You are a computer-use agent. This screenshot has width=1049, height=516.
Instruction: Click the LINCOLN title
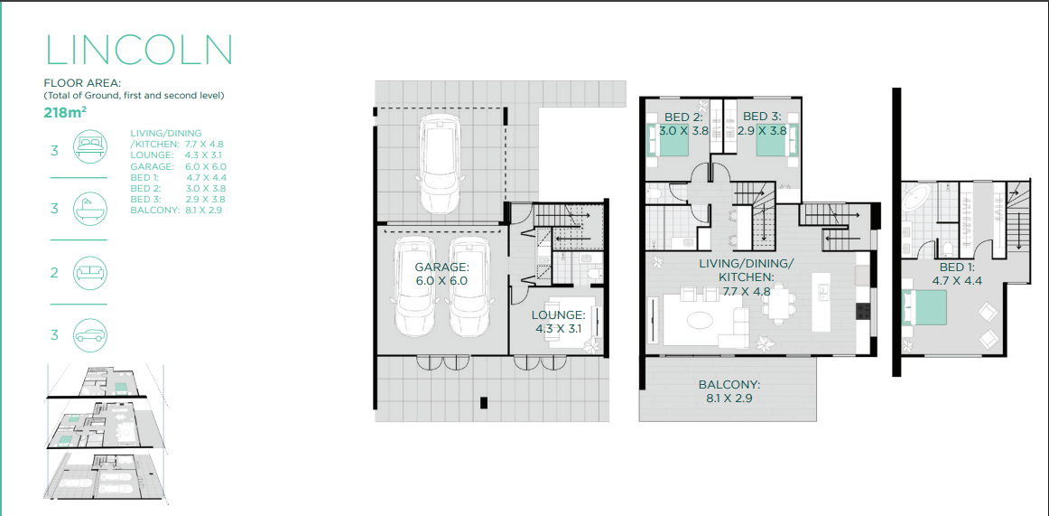click(138, 50)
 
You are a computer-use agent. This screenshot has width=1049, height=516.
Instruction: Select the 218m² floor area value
click(64, 112)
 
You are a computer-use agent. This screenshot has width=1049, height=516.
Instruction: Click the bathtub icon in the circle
click(89, 208)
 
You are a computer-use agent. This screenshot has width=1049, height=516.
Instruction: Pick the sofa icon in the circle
click(89, 272)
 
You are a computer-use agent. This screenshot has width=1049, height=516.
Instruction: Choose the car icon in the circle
click(89, 335)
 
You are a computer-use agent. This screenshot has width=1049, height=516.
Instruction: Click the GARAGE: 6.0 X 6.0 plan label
click(441, 275)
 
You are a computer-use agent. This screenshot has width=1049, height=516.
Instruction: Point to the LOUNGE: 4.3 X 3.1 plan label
click(559, 322)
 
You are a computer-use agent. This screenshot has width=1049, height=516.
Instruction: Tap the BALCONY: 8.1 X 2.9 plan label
click(728, 391)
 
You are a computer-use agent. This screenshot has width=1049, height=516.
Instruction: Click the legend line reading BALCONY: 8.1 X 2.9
click(176, 211)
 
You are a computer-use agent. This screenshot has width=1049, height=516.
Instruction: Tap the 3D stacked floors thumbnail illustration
click(106, 434)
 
